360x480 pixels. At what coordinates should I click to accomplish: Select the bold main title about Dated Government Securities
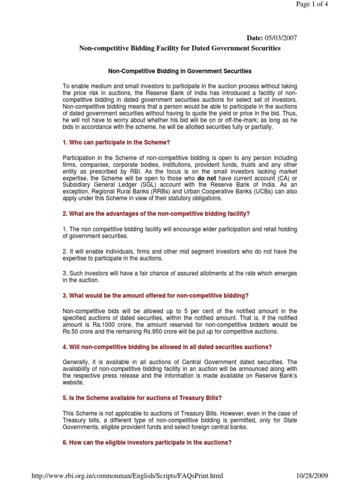[180, 48]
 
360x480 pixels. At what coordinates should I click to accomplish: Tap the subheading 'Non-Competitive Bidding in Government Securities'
[180, 71]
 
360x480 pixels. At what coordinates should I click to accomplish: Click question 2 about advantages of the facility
[156, 214]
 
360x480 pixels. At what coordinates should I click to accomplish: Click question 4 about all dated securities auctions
[167, 347]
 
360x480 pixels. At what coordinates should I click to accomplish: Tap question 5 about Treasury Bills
[142, 398]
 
